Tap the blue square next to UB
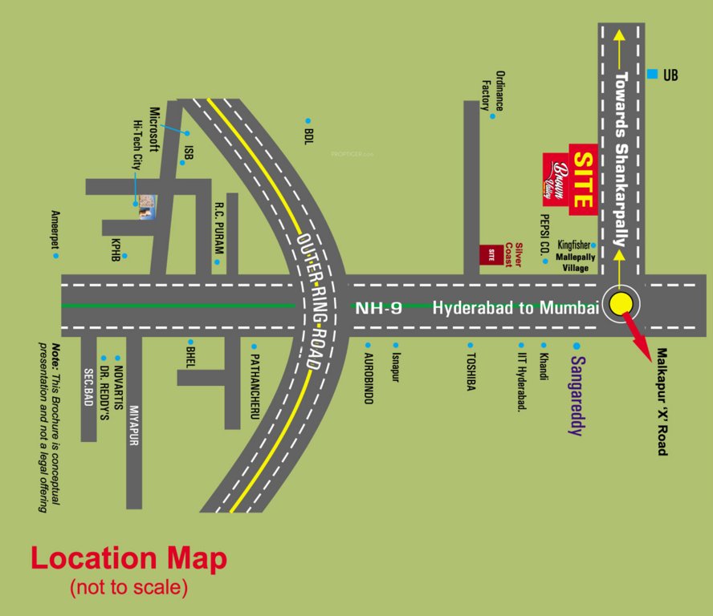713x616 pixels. tap(652, 75)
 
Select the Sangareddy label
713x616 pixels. tap(575, 395)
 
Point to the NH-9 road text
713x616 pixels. tap(378, 307)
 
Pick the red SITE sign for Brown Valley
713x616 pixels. tap(583, 179)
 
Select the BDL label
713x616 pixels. tap(308, 131)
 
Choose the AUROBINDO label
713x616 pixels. tap(368, 378)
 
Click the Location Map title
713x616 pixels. tap(128, 559)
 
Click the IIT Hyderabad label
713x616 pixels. tap(521, 381)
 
